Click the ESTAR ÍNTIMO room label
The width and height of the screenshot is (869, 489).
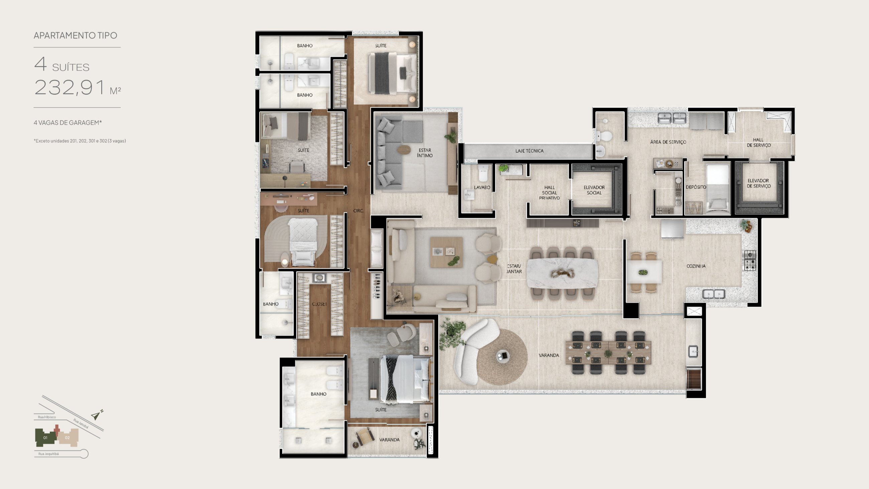[x=425, y=153]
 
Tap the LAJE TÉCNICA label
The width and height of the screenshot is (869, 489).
[x=529, y=151]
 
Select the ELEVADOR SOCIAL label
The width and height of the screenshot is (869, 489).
[x=594, y=190]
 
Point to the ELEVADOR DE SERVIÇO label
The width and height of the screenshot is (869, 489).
[x=759, y=183]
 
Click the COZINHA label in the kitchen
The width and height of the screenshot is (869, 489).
[x=696, y=266]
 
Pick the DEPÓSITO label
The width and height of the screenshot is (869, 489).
[x=696, y=187]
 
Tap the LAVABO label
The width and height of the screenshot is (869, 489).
[x=482, y=187]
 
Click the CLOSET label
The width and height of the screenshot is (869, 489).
[x=319, y=304]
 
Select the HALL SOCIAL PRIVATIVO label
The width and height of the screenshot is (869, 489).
[x=549, y=193]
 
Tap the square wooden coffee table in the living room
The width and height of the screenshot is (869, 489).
[x=446, y=252]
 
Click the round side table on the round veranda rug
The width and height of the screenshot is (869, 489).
[x=503, y=356]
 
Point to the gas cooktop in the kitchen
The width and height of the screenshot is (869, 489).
[x=750, y=260]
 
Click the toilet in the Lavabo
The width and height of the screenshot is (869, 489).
[x=483, y=173]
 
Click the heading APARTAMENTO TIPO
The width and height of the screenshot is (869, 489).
[x=75, y=35]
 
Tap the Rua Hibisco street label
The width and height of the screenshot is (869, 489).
[x=47, y=417]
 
